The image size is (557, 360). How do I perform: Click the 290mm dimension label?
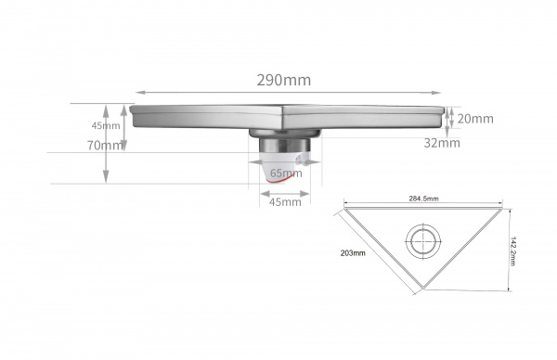(x=284, y=80)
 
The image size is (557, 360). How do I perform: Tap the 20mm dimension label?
(x=475, y=119)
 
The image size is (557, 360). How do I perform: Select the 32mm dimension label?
(x=442, y=143)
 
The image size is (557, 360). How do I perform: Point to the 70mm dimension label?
(x=104, y=146)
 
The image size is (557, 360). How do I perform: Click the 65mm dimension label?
(x=286, y=173)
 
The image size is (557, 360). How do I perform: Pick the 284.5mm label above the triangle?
(x=423, y=199)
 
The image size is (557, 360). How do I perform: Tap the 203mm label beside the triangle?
(x=353, y=253)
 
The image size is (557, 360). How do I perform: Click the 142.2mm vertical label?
(x=512, y=251)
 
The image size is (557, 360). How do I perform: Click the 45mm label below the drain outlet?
(x=285, y=202)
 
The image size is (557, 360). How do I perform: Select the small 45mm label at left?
(x=106, y=125)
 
